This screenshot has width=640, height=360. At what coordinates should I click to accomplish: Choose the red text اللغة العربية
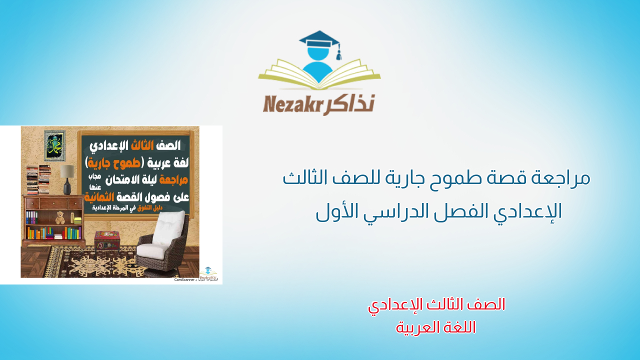(436, 327)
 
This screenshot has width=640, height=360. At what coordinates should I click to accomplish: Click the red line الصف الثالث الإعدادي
(436, 304)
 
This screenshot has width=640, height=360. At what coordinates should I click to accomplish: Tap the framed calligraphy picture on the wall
(55, 145)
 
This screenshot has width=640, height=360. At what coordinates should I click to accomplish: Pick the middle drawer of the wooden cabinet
(53, 202)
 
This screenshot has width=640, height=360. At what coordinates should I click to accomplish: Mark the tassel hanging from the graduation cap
(338, 52)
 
